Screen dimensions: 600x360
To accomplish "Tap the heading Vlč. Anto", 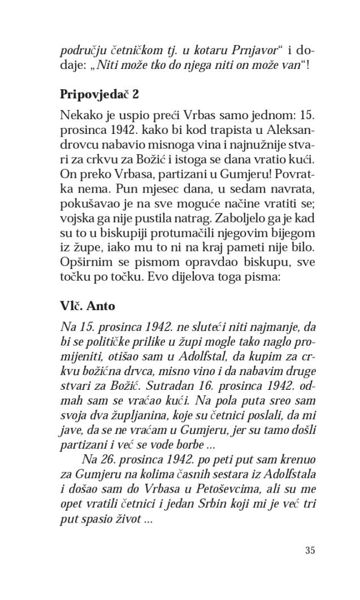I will tap(87, 306).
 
